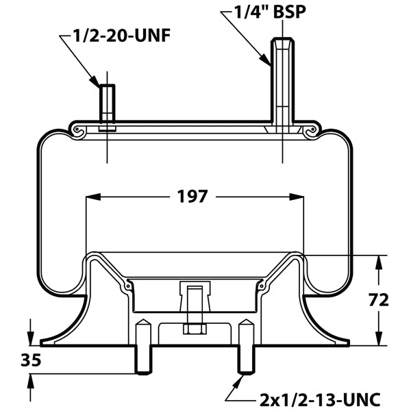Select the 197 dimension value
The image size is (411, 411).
click(192, 197)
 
